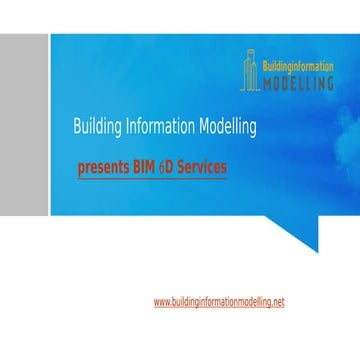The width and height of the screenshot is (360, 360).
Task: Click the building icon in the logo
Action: (248, 71)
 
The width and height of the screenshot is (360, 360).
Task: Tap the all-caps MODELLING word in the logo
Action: (297, 83)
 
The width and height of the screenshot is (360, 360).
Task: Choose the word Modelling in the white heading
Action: (226, 128)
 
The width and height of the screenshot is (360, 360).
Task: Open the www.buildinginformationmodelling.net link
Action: (219, 301)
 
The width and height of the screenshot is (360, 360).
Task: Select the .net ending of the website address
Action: (277, 301)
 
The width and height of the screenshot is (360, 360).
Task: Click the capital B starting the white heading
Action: (76, 128)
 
